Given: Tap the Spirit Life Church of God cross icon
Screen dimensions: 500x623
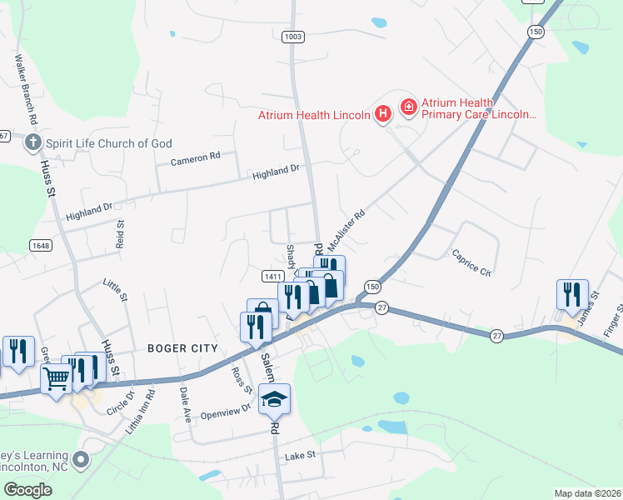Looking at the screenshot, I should pyautogui.click(x=33, y=143).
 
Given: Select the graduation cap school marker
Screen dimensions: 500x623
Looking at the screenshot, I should pyautogui.click(x=274, y=400).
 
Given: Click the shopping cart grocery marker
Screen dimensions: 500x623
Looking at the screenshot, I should pyautogui.click(x=57, y=378).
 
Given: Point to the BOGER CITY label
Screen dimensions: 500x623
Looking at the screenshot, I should pyautogui.click(x=182, y=348).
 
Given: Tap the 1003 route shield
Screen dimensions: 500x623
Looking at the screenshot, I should pyautogui.click(x=293, y=37).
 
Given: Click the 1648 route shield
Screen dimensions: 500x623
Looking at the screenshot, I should pyautogui.click(x=41, y=245).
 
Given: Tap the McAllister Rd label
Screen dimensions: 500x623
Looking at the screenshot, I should pyautogui.click(x=346, y=230).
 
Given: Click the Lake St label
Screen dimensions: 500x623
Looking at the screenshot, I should pyautogui.click(x=301, y=456).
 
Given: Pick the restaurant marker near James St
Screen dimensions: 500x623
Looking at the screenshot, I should pyautogui.click(x=572, y=294).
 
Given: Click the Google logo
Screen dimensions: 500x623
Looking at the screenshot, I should pyautogui.click(x=27, y=490).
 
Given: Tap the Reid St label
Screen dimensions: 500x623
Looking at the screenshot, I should pyautogui.click(x=121, y=234).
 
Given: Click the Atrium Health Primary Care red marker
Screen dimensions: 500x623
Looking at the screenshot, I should pyautogui.click(x=408, y=107).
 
